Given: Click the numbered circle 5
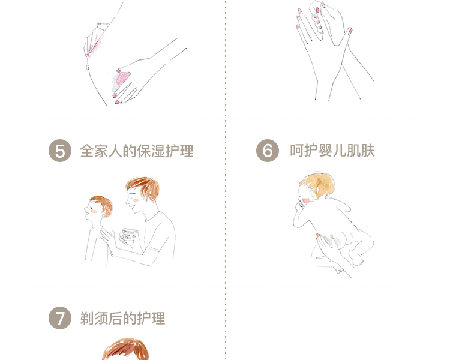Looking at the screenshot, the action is coord(60,151).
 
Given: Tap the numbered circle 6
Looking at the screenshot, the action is coord(268,151).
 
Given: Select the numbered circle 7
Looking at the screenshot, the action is coord(60,318).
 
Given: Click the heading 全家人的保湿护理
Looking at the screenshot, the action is coord(137,151).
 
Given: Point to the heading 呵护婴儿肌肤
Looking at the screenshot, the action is coord(332,151).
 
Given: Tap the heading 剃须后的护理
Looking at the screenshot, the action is coord(122,319).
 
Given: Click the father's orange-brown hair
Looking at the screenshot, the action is coord(143,188).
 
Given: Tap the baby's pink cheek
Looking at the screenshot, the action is coord(305,200).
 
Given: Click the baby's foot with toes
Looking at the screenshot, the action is coord(356,259).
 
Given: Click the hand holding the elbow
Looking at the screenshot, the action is coord(95,40).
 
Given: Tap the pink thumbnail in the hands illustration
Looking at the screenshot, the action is coord(350,31).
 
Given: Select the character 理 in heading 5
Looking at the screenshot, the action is coord(187,151).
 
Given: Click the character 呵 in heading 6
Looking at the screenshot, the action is coord(297,151).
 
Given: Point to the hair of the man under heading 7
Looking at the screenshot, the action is coord(126,349).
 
